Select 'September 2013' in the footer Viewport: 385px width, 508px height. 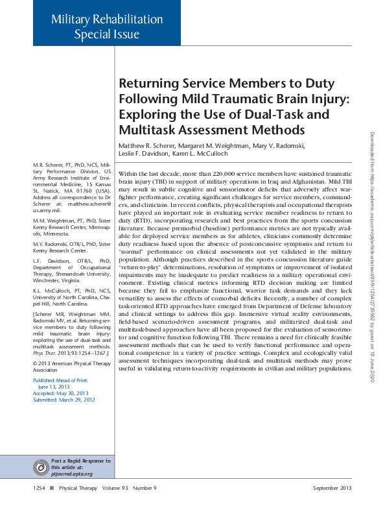(x=332, y=487)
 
